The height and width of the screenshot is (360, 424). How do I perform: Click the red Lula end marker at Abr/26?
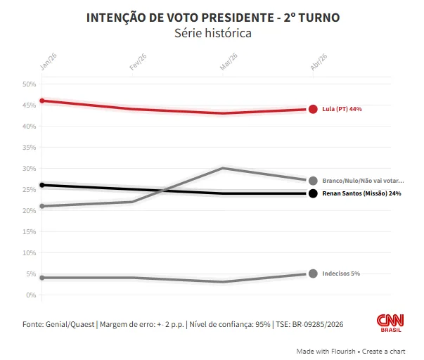313,109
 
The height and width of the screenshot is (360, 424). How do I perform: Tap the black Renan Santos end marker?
313,193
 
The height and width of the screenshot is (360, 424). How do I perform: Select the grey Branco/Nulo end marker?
313,181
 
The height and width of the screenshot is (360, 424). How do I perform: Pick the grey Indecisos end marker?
313,274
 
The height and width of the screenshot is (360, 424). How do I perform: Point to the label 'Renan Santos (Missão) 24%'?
361,193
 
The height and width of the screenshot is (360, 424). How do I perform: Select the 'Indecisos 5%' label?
341,274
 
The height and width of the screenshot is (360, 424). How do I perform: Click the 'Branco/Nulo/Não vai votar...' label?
363,181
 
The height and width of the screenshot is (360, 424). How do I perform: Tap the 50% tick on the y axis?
30,84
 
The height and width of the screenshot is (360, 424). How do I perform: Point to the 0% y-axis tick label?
32,295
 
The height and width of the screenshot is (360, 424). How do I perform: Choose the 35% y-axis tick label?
30,148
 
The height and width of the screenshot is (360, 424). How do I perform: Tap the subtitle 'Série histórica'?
212,33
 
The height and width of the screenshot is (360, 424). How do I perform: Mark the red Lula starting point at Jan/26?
42,101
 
